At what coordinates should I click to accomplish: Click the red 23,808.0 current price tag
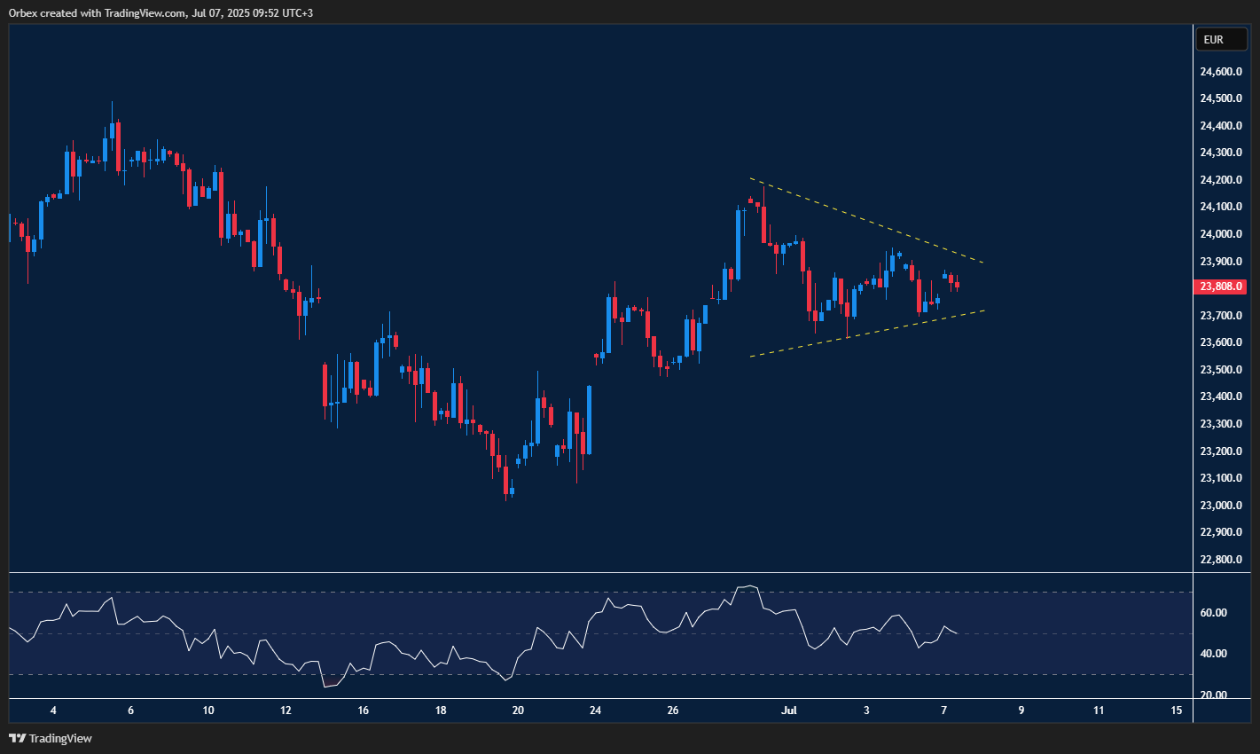[x=1221, y=287]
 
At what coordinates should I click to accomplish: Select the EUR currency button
[x=1214, y=40]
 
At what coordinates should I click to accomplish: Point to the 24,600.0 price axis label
[x=1220, y=72]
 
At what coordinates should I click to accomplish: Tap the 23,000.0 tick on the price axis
[x=1220, y=506]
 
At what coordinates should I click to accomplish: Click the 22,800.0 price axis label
[x=1220, y=560]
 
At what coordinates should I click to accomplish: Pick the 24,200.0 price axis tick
[x=1220, y=180]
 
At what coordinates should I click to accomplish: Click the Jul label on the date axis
[x=788, y=711]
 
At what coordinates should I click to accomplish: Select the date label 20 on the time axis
[x=518, y=711]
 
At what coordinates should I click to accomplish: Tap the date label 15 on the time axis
[x=1176, y=711]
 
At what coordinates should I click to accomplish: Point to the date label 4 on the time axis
[x=53, y=711]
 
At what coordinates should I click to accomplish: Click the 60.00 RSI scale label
[x=1213, y=613]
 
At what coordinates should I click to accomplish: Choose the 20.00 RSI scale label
[x=1213, y=695]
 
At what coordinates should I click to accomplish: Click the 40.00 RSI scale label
[x=1213, y=654]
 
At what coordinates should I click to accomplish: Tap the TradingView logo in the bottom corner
[x=51, y=738]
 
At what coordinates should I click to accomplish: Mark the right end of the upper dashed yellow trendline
[x=984, y=263]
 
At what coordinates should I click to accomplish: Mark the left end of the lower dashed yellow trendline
[x=750, y=357]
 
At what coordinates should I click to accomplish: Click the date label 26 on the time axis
[x=673, y=711]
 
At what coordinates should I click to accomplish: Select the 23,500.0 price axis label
[x=1220, y=370]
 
